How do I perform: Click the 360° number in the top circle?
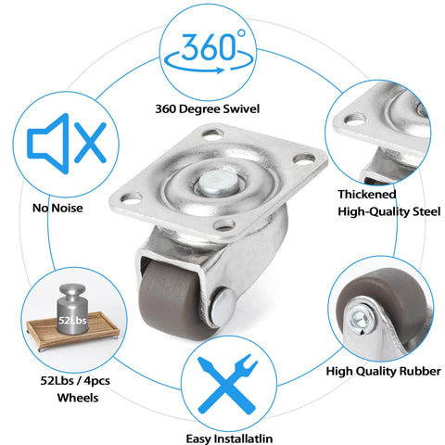209,46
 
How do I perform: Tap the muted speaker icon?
67,144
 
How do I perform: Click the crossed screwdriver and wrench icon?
228,384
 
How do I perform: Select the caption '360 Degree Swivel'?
207,109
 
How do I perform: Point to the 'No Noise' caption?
57,208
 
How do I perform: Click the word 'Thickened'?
367,195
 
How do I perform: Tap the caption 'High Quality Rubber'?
384,371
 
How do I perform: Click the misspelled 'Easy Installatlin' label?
229,439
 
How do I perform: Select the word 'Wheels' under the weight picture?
78,398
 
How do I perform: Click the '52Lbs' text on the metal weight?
72,320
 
